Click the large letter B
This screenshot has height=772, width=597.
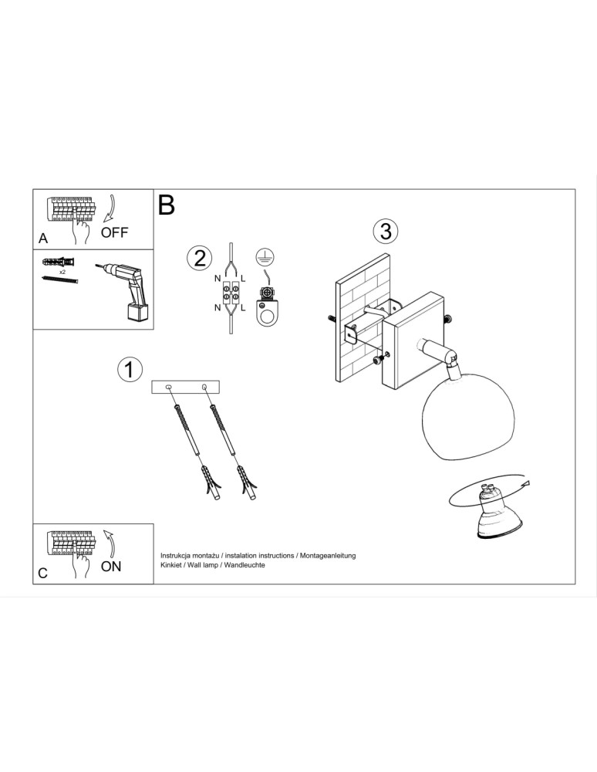pyautogui.click(x=167, y=205)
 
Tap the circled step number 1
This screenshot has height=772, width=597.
pyautogui.click(x=130, y=369)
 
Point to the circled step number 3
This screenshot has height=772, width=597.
pyautogui.click(x=385, y=231)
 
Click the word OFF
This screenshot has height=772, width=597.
pyautogui.click(x=115, y=232)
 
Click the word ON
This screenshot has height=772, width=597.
pyautogui.click(x=111, y=566)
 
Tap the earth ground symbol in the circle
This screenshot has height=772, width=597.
pyautogui.click(x=265, y=258)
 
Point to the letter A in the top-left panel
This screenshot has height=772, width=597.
pyautogui.click(x=43, y=239)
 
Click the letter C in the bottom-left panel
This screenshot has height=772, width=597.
pyautogui.click(x=43, y=573)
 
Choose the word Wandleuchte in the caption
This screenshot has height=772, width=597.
pyautogui.click(x=245, y=565)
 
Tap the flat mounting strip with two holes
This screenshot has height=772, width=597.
pyautogui.click(x=185, y=386)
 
